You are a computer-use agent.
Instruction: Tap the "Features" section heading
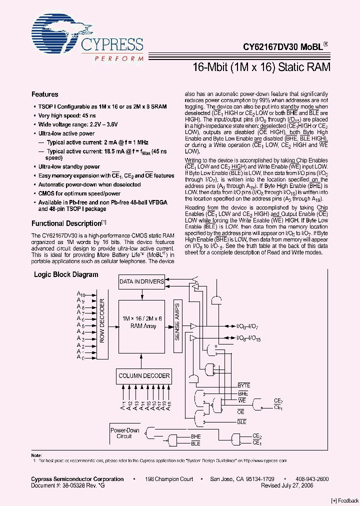[x=45, y=94]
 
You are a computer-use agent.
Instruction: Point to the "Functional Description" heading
[x=66, y=223]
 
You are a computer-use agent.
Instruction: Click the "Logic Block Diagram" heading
[x=66, y=274]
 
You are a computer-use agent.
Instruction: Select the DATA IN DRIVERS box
[x=141, y=281]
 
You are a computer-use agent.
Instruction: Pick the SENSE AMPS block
[x=177, y=322]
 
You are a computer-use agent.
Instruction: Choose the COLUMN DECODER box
[x=144, y=375]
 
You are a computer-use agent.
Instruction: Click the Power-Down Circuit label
[x=124, y=433]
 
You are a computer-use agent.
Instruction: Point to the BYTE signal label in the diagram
[x=243, y=385]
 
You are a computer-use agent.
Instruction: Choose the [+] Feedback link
[x=344, y=500]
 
